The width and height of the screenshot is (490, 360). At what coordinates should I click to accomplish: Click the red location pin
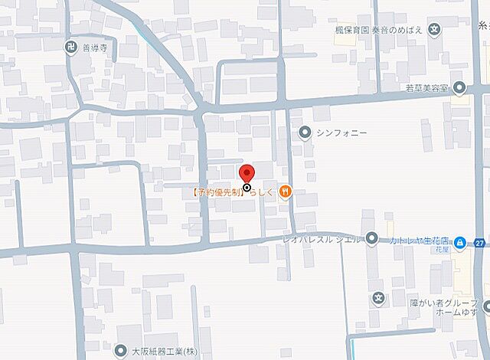(x=247, y=175)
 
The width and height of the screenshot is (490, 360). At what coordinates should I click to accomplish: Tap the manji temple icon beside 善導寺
(x=71, y=47)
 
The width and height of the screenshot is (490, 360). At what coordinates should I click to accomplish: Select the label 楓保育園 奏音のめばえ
(x=377, y=31)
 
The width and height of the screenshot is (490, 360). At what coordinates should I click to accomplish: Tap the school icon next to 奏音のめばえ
(x=434, y=31)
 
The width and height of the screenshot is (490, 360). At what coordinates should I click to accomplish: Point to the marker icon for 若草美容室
(x=459, y=87)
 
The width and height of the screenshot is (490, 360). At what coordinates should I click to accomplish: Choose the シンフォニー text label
(x=341, y=133)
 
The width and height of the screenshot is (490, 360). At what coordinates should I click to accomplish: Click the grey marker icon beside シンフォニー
(x=305, y=133)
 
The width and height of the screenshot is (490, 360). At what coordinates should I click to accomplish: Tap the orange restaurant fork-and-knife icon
(x=285, y=191)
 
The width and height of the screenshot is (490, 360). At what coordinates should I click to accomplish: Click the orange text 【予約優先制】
(x=217, y=192)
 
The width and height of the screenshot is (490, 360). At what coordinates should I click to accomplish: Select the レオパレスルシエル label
(x=322, y=239)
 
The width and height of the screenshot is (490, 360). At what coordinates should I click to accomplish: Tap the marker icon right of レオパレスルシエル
(x=371, y=238)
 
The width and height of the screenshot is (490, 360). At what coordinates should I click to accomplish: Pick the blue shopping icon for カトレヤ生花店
(x=459, y=243)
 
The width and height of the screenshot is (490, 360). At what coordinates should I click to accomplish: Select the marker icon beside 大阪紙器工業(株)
(x=120, y=352)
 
